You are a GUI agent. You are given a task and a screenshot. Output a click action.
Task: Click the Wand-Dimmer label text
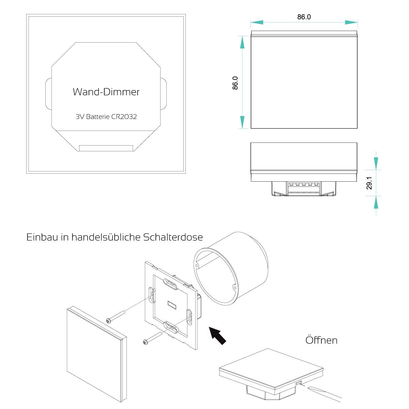pyautogui.click(x=106, y=92)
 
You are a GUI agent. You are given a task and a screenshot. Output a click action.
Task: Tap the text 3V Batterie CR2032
pyautogui.click(x=106, y=117)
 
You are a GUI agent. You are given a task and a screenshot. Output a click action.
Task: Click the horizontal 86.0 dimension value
pyautogui.click(x=304, y=17)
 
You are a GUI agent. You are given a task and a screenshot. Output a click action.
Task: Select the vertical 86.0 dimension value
pyautogui.click(x=235, y=83)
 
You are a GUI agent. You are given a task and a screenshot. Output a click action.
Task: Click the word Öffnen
pyautogui.click(x=321, y=340)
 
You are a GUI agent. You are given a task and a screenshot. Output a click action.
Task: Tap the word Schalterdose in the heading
pyautogui.click(x=173, y=237)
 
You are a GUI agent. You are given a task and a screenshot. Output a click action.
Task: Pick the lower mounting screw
pyautogui.click(x=152, y=338)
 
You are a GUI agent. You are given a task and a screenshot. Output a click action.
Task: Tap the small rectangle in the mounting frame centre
pyautogui.click(x=172, y=304)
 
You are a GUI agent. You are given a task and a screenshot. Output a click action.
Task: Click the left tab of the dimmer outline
pyautogui.click(x=48, y=94)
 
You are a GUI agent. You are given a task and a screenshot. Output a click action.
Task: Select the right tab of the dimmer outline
pyautogui.click(x=163, y=94)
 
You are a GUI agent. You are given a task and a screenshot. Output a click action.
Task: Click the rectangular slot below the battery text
pyautogui.click(x=106, y=148)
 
